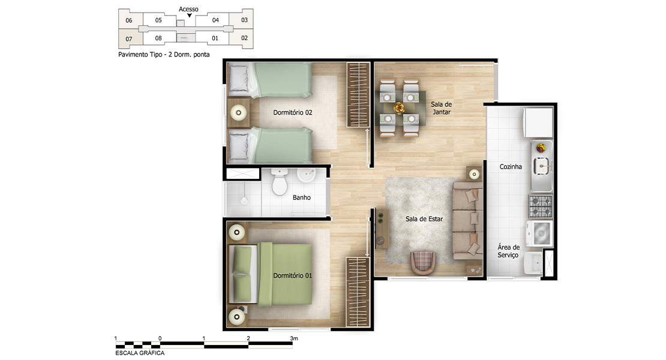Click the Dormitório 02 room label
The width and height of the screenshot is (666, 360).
tap(293, 113)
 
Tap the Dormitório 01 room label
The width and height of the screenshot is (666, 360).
tap(293, 275)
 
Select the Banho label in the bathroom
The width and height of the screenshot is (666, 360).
tap(302, 197)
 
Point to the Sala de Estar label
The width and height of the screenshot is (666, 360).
tap(424, 219)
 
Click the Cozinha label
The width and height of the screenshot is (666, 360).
tap(511, 167)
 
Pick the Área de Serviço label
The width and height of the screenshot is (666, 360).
tap(508, 251)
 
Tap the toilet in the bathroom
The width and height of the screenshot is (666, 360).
tap(280, 182)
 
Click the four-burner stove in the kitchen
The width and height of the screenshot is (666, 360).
tap(541, 206)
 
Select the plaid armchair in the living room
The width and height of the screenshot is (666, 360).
tap(423, 262)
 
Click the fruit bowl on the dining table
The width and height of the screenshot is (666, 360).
tap(399, 108)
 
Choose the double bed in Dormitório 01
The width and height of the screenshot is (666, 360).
tap(271, 274)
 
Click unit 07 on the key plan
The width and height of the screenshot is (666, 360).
tap(129, 39)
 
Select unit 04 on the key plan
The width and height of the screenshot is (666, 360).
tap(215, 20)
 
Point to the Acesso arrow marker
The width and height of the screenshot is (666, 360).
tap(190, 16)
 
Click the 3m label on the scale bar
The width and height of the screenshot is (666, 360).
tap(294, 338)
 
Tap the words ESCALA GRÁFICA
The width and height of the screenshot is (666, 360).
tap(140, 353)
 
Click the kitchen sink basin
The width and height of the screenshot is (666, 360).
tap(542, 165)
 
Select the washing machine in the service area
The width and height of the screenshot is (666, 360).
tap(540, 233)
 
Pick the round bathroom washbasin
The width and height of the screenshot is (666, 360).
tap(305, 175)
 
